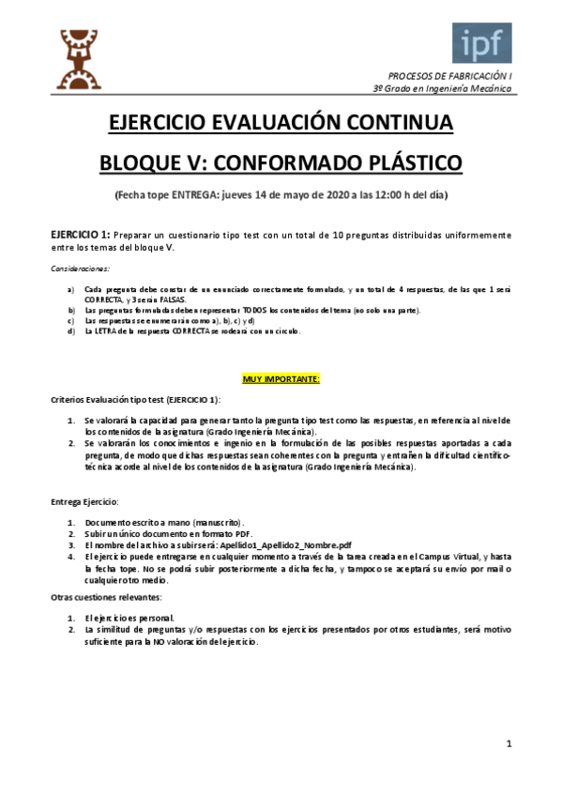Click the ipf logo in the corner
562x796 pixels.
pyautogui.click(x=482, y=43)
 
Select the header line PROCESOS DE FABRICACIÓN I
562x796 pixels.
pyautogui.click(x=450, y=74)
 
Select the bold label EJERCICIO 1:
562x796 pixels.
pyautogui.click(x=81, y=234)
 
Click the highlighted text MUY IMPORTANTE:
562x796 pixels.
pyautogui.click(x=281, y=378)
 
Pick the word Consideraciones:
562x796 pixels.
pyautogui.click(x=80, y=268)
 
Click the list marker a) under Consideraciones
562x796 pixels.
pyautogui.click(x=61, y=289)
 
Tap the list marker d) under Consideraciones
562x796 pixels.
pyautogui.click(x=61, y=330)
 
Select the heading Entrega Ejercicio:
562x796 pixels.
pyautogui.click(x=84, y=501)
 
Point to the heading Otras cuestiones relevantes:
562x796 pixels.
pyautogui.click(x=106, y=597)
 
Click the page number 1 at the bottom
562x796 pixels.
pyautogui.click(x=509, y=744)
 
